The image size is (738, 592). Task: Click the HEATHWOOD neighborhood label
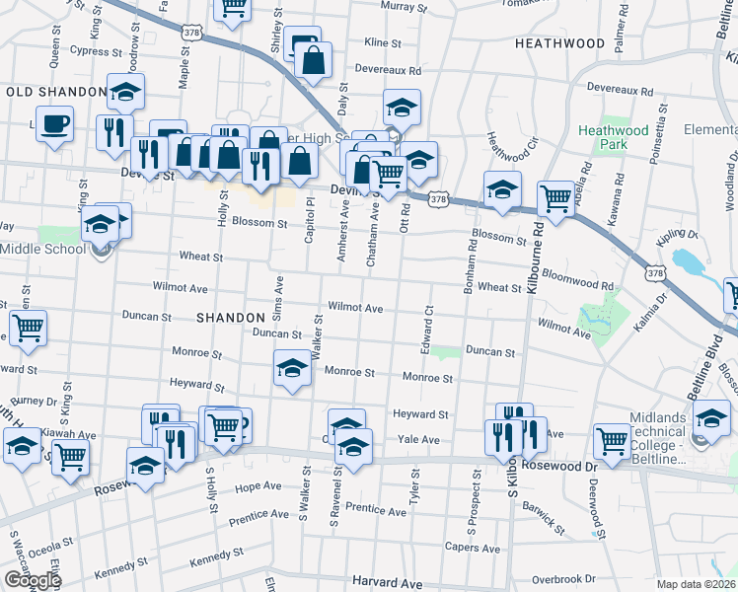[559, 43]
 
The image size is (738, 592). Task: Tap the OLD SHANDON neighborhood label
[55, 92]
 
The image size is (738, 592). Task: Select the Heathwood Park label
[614, 137]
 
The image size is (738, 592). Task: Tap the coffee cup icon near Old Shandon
[55, 124]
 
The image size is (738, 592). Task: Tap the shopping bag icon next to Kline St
[313, 60]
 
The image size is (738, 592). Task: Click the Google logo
[32, 580]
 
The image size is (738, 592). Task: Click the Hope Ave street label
[258, 486]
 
